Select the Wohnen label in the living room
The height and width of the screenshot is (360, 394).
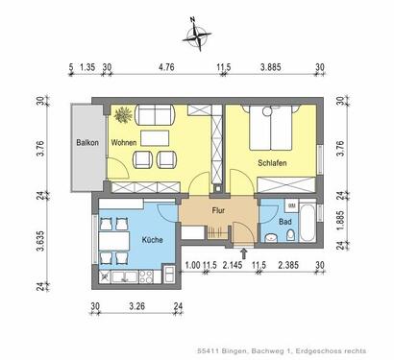click(x=124, y=143)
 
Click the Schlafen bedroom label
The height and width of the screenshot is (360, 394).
click(x=273, y=162)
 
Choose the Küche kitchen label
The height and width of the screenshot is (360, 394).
click(x=152, y=240)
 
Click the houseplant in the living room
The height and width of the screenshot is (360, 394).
click(x=122, y=115)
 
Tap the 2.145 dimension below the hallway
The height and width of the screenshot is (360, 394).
click(x=233, y=265)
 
